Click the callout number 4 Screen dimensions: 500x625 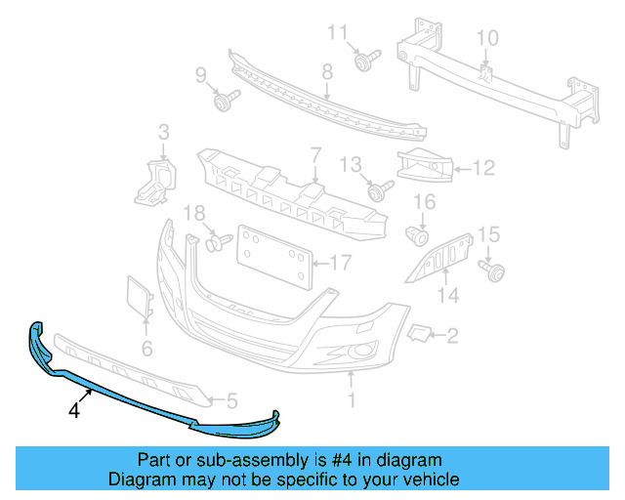tap(73, 411)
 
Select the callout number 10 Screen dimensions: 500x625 tap(486, 38)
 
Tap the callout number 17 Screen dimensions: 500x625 tap(339, 262)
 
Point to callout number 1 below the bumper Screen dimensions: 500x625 tap(353, 398)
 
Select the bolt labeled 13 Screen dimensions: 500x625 tap(379, 186)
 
